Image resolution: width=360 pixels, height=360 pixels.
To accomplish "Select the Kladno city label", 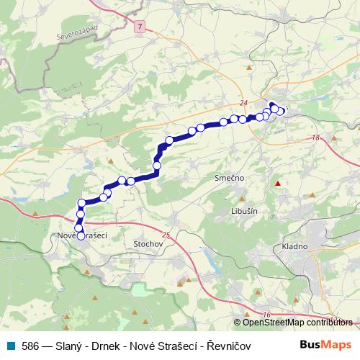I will pos(294,246).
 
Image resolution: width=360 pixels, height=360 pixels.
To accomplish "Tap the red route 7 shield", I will pos(139,26).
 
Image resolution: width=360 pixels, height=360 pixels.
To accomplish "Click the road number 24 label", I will pos(245,102).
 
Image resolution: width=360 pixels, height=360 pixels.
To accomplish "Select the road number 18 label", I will pos(315,138).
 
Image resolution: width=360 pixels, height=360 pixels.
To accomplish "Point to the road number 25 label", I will pos(167,235).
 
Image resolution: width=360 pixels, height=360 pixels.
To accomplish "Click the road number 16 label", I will pos(266,315).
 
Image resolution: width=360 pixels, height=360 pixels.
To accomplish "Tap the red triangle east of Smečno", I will pos(277,184).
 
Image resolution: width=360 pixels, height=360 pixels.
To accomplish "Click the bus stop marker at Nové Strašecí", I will pos(81,235).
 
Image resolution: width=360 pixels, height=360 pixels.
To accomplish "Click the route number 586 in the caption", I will pos(30,346).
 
